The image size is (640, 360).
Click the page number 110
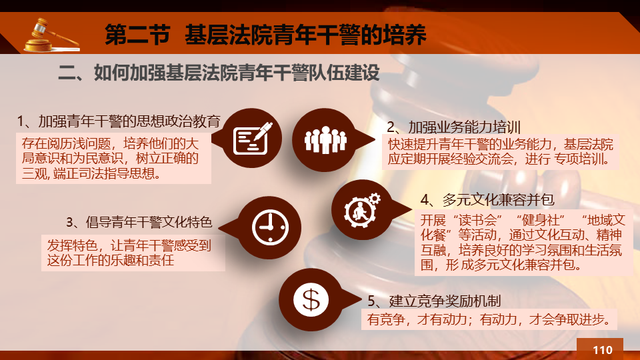(x=603, y=350)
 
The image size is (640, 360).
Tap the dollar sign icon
(x=311, y=300)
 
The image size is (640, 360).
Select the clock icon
(x=270, y=227)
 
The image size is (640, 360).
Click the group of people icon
(x=325, y=140)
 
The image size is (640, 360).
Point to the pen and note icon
(x=253, y=138)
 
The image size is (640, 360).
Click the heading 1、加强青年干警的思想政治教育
(x=119, y=121)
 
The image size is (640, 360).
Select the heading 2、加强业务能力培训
(x=453, y=127)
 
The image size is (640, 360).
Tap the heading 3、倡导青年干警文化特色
(x=139, y=222)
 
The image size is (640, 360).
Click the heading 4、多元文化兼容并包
(x=487, y=199)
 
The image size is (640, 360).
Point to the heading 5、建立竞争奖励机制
(x=434, y=301)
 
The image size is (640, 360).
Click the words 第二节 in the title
(x=137, y=34)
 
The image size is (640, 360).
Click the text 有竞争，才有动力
(x=417, y=319)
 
